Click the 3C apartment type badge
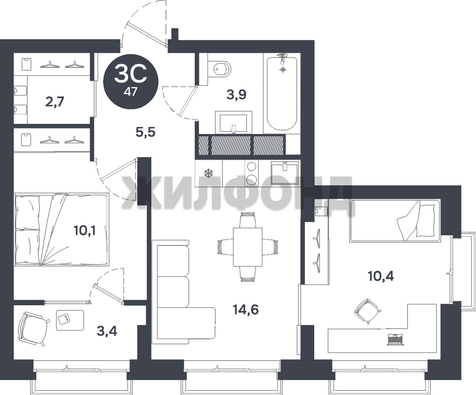[x=131, y=82]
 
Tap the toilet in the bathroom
[x=219, y=68]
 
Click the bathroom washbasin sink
[x=234, y=122]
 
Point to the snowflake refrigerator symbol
[x=208, y=173]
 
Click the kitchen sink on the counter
[x=285, y=173]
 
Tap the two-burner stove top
[x=251, y=173]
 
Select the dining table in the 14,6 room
[x=248, y=247]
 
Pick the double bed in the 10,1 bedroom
[x=61, y=230]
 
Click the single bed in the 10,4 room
[x=395, y=221]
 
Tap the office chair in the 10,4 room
[x=367, y=311]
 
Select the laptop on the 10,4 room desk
[x=395, y=339]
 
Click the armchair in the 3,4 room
[x=33, y=329]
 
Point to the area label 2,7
[x=55, y=102]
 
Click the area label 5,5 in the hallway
[x=145, y=132]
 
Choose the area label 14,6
[x=246, y=310]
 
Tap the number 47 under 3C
[x=131, y=92]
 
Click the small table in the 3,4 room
[x=70, y=320]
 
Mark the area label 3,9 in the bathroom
[x=237, y=95]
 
